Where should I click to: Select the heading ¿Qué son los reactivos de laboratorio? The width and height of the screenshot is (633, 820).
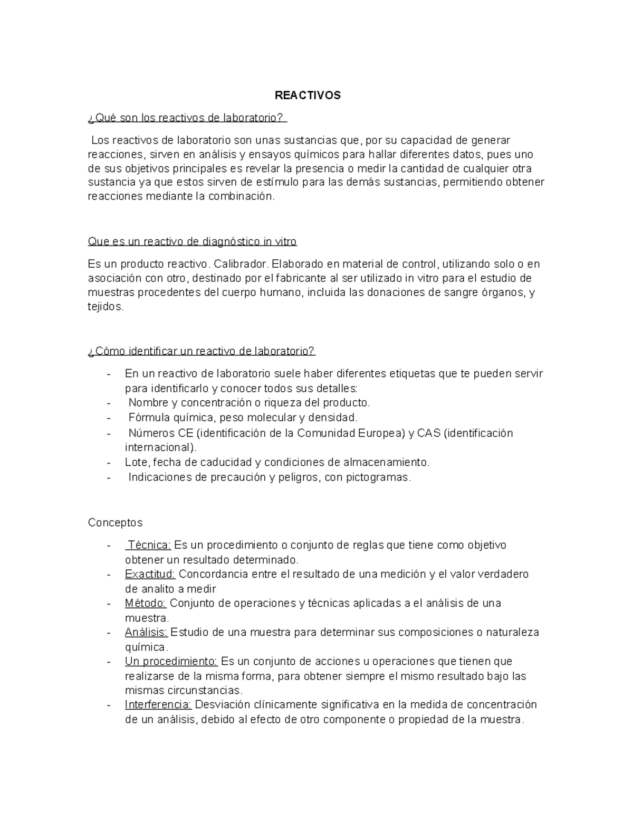187,118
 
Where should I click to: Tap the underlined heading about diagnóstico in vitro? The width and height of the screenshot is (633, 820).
192,242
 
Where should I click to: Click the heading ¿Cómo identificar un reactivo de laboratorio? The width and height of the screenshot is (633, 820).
201,351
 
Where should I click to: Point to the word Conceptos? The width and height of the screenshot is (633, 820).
115,523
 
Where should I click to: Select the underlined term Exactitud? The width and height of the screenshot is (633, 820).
150,574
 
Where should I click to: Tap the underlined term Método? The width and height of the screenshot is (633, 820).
146,603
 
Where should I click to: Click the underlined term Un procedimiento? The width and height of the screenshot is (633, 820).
171,661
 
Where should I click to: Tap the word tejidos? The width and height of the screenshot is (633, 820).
105,307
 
